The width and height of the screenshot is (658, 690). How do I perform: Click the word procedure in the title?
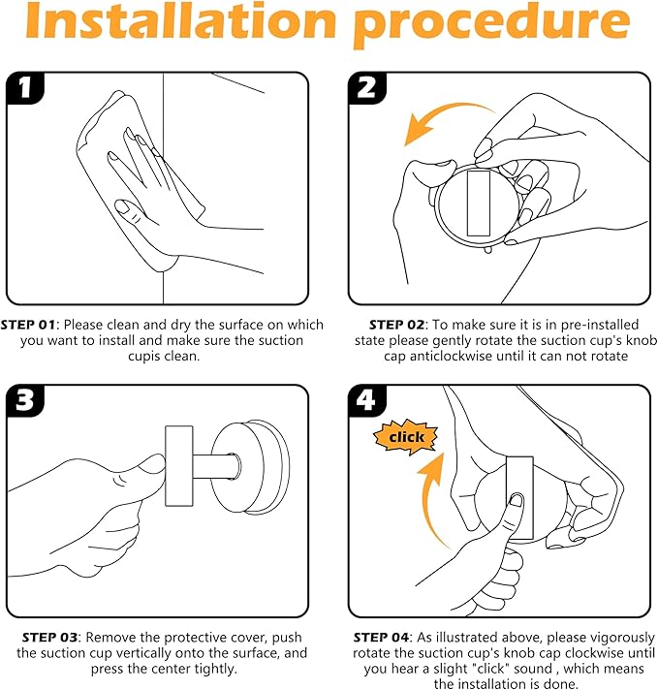coord(491,24)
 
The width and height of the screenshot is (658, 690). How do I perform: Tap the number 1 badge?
coord(25,88)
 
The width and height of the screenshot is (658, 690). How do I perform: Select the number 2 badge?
coord(366,88)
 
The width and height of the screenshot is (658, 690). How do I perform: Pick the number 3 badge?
coord(25,400)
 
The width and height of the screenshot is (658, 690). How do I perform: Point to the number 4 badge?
coord(366,400)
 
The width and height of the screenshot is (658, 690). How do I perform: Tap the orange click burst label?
coord(406,437)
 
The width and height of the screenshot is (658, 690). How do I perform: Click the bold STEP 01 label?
coord(28,325)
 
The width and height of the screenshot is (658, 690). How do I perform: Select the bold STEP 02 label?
coord(396,325)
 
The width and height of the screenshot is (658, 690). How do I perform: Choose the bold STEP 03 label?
coord(49,638)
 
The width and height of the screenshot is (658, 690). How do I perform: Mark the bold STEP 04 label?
coord(381,638)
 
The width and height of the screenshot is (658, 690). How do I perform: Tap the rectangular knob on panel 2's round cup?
coord(479,204)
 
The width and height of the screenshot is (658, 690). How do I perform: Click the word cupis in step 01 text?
coord(142,357)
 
